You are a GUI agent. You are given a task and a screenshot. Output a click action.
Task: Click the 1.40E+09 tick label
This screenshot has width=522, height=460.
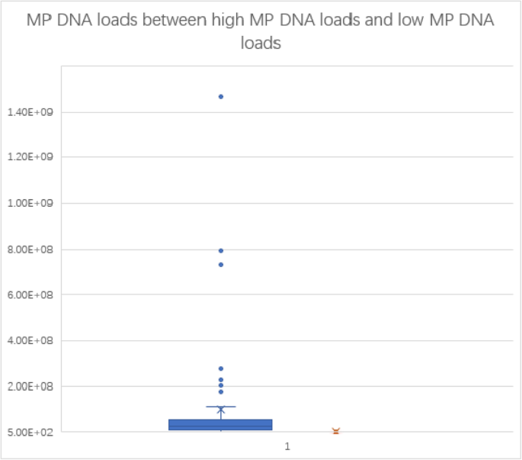tap(28, 112)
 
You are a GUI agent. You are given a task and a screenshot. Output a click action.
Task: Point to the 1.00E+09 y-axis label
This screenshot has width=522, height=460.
tap(28, 204)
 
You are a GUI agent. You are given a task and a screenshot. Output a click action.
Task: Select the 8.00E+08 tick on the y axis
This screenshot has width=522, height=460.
tap(28, 249)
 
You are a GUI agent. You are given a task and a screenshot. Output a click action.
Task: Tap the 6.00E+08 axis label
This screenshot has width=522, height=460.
tap(28, 295)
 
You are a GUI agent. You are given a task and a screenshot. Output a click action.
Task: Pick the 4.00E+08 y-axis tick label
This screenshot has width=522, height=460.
tap(28, 341)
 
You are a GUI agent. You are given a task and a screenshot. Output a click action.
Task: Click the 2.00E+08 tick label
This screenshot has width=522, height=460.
tap(28, 387)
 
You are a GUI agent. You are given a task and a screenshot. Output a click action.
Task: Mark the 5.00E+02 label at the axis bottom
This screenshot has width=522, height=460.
tap(28, 433)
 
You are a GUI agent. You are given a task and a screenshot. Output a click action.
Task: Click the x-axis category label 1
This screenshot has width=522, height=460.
tap(287, 446)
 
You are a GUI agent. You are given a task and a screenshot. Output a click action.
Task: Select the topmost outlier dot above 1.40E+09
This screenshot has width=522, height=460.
tap(221, 97)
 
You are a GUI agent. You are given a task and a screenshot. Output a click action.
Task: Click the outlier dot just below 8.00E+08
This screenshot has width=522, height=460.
tap(221, 250)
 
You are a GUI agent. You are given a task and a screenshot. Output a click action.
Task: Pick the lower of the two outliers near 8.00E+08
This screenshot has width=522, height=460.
tap(221, 265)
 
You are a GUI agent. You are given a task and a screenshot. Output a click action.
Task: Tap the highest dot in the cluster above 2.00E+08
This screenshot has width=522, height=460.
tap(221, 368)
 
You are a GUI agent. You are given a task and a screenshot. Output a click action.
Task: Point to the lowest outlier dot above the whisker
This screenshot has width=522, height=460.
tap(221, 392)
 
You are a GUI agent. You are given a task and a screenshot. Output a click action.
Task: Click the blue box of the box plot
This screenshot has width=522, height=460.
tap(221, 425)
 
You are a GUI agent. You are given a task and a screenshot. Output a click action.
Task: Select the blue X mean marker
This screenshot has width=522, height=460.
tap(221, 410)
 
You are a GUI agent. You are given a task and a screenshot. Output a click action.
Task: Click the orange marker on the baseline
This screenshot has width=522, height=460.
tap(335, 432)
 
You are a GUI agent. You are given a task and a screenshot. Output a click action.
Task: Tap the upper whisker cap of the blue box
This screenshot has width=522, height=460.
tap(221, 407)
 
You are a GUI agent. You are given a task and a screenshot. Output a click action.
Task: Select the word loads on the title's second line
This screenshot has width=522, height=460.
tap(261, 44)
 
